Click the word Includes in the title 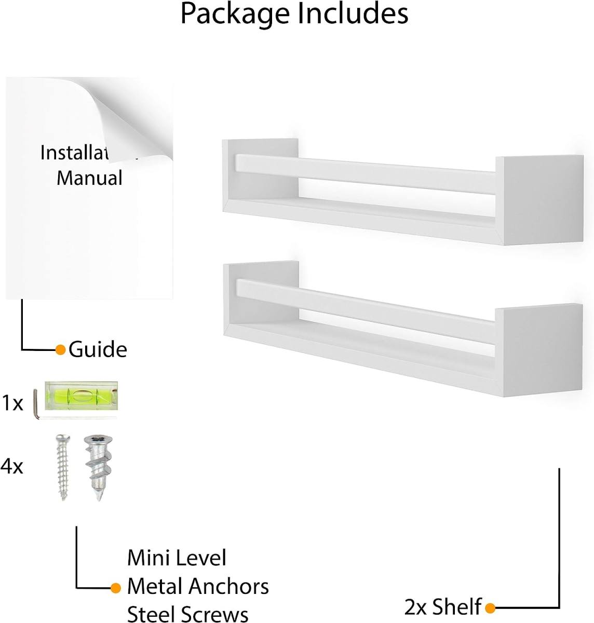point(353,13)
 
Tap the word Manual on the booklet point(89,178)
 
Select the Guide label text point(98,349)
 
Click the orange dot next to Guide point(60,349)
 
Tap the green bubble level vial point(81,395)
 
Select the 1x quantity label point(12,403)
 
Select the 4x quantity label point(12,466)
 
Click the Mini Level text point(177,558)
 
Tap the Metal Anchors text point(198,586)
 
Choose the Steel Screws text point(187,614)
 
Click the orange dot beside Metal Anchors point(116,587)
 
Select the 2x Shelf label point(442,606)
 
